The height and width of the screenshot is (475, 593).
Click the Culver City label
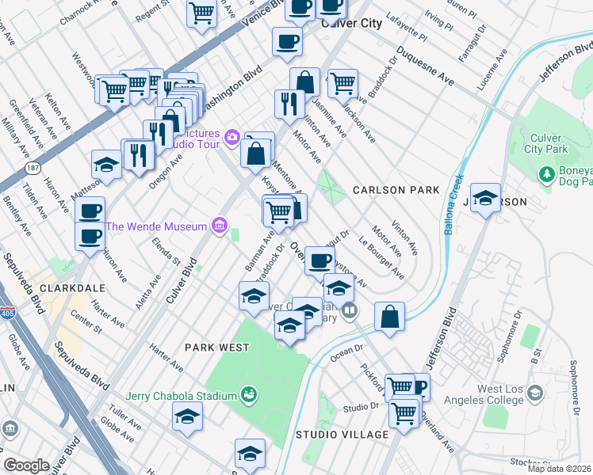pos(350,24)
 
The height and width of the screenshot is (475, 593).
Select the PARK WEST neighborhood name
pos(217,347)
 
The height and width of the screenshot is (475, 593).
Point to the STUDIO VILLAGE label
pos(342,435)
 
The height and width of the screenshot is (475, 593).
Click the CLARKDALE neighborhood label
pos(33,287)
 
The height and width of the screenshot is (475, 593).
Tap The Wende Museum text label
pos(156,227)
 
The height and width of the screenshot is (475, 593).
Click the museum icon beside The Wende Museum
pos(219,227)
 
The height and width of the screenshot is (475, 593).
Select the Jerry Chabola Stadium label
pos(182,396)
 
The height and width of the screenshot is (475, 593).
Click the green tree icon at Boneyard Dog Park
pos(545,173)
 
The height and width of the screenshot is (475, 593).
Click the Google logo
pos(26,465)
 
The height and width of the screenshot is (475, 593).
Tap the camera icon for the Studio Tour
pos(231,138)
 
